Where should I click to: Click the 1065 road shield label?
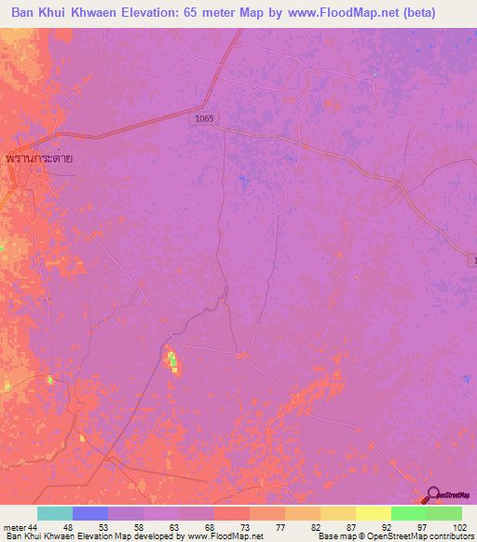coord(205,118)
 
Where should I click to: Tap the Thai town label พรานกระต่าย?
coord(38,158)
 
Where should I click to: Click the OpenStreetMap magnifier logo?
coord(434,495)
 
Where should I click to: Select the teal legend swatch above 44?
coord(55,513)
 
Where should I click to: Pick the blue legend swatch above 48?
coord(90,513)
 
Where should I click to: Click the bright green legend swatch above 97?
coord(409,513)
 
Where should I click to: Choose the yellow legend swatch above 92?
coord(374,513)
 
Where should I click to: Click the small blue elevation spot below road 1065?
coord(243,177)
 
